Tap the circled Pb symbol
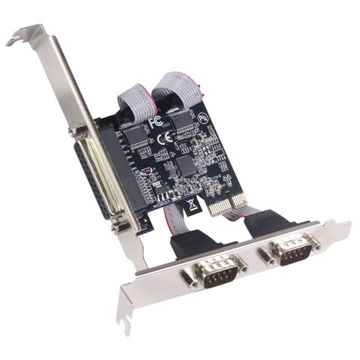pyautogui.click(x=203, y=118)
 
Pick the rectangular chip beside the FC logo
pyautogui.click(x=135, y=133)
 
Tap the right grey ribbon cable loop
pyautogui.click(x=172, y=88)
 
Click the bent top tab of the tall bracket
pyautogui.click(x=26, y=34)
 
